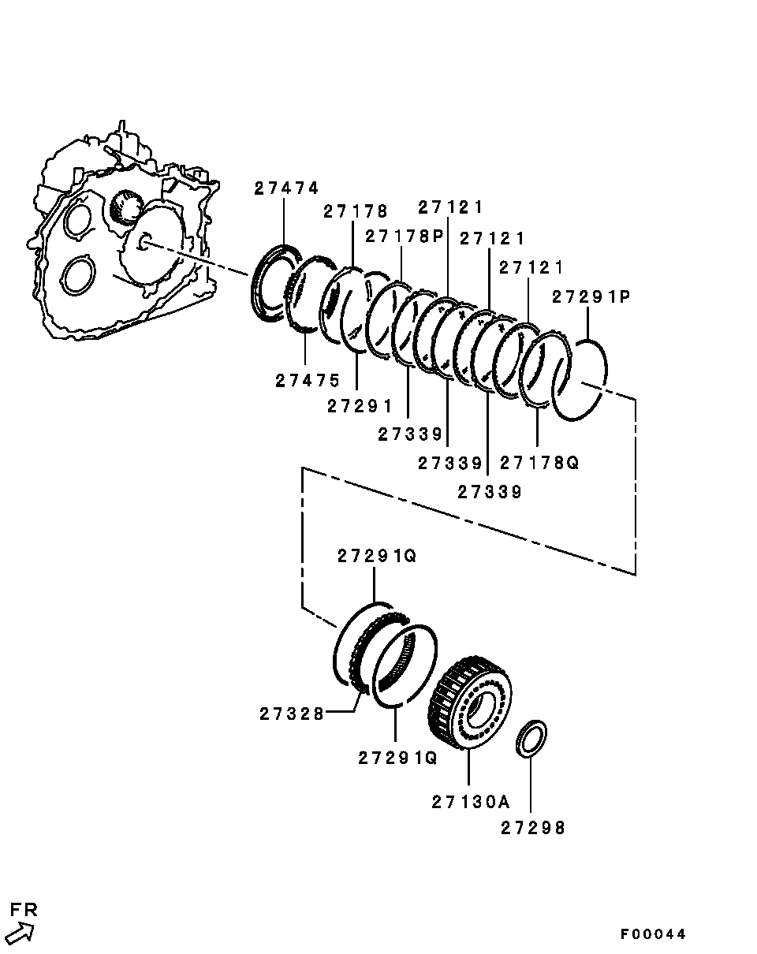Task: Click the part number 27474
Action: [286, 188]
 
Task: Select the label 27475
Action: [308, 380]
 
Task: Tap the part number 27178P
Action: [405, 236]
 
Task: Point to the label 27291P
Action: [591, 296]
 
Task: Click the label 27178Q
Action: [539, 463]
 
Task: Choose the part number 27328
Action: [291, 714]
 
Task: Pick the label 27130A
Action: [471, 802]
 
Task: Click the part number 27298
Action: [533, 828]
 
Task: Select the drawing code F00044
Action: [653, 934]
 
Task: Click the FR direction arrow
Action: [21, 934]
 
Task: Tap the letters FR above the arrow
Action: [24, 909]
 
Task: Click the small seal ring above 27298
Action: [531, 738]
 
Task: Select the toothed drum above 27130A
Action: [472, 702]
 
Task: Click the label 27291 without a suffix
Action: [360, 405]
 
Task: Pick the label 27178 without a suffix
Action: [356, 211]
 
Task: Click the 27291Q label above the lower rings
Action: [377, 556]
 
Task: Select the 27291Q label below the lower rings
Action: [397, 758]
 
